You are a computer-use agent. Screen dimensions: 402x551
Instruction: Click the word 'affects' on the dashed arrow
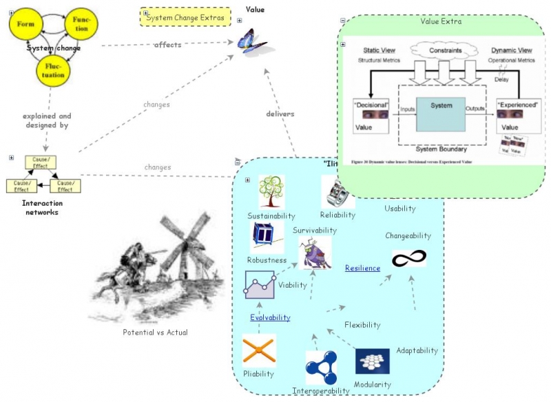167,45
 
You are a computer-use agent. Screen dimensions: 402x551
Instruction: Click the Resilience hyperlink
362,268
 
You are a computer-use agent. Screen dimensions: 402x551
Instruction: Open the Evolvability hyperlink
270,317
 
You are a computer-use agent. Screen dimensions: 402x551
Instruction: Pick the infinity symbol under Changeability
408,258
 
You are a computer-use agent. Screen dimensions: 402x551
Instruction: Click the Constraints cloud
441,51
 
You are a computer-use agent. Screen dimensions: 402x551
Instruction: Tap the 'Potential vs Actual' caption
155,332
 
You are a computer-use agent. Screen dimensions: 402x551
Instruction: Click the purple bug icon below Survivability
314,253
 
